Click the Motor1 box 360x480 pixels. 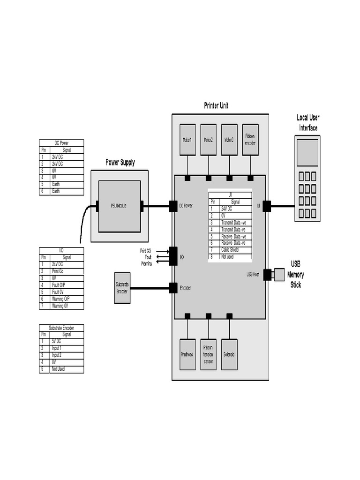click(x=187, y=140)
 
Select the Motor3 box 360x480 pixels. click(x=229, y=140)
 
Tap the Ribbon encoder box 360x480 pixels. click(x=250, y=140)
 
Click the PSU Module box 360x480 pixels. click(x=119, y=206)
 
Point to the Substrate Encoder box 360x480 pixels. click(x=122, y=288)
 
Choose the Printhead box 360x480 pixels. click(x=187, y=354)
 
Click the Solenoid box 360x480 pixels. click(x=229, y=354)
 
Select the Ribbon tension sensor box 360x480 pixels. click(x=208, y=354)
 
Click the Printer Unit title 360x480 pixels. click(x=216, y=106)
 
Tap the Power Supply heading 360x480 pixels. click(x=120, y=163)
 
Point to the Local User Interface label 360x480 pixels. click(x=307, y=123)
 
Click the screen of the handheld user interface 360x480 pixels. click(x=307, y=153)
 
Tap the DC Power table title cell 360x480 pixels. click(x=61, y=143)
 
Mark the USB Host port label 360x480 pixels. click(x=253, y=274)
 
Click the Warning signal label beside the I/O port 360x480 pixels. click(x=146, y=263)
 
